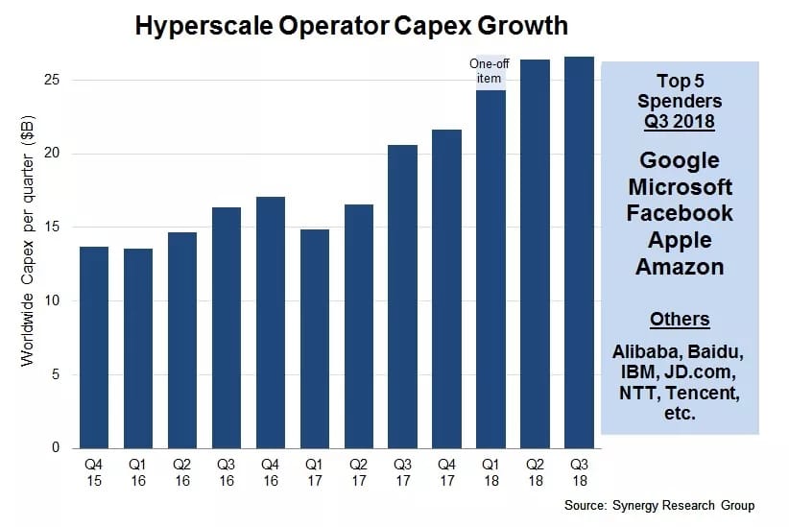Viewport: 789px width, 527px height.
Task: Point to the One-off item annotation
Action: click(x=490, y=71)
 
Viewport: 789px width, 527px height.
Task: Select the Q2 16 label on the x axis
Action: click(x=182, y=471)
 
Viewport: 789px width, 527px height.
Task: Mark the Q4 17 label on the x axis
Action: click(x=446, y=471)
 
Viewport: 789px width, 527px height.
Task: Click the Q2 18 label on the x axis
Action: click(x=535, y=471)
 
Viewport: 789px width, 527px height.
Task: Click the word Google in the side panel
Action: click(x=680, y=159)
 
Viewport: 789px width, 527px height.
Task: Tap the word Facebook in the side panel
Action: click(x=680, y=212)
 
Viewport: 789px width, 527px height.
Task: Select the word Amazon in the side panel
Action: click(x=680, y=266)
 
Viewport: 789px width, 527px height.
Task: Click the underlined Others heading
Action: click(x=680, y=319)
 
